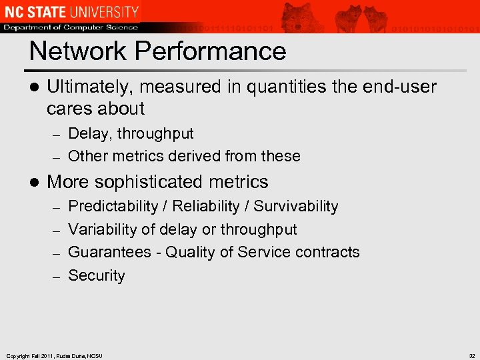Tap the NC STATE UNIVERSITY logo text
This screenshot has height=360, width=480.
(71, 11)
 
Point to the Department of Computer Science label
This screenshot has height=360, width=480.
(71, 27)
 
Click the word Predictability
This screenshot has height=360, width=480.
(113, 207)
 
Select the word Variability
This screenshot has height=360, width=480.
(102, 229)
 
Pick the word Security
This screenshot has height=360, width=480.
(97, 275)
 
